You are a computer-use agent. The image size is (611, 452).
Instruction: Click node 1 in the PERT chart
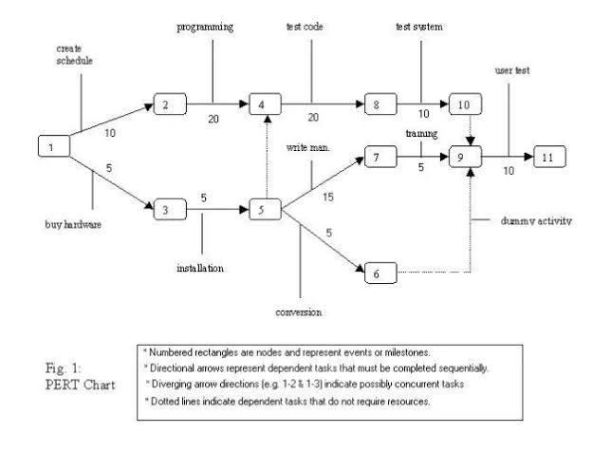coord(53,147)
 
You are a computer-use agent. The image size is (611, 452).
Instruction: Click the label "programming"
coord(205,27)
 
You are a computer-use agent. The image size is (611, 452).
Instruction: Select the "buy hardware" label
coord(74,225)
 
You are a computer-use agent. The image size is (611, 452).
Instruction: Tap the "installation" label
coord(200,268)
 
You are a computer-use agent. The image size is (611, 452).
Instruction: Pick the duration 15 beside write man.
coord(327,197)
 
